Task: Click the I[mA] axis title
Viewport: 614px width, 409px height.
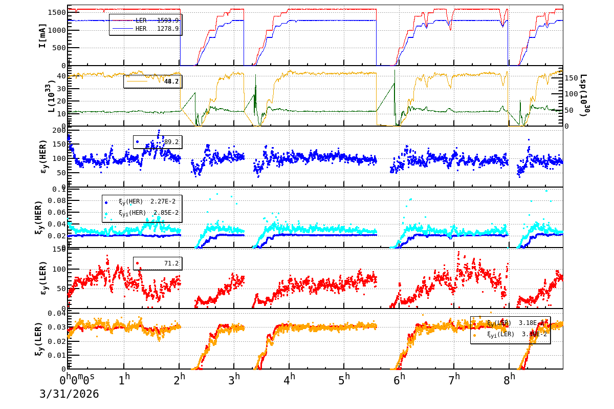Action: (x=42, y=35)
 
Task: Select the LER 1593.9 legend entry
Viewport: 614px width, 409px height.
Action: (x=157, y=21)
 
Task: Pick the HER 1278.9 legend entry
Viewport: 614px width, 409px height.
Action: (x=157, y=29)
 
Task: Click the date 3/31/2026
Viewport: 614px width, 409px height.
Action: (x=69, y=394)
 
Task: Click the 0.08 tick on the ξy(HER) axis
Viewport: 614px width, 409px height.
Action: (x=57, y=200)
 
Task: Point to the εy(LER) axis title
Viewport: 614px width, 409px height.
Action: (x=43, y=278)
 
